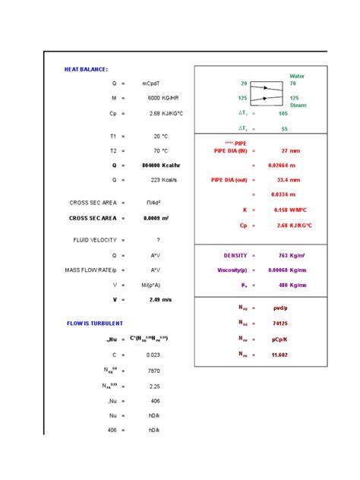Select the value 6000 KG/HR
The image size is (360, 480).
163,98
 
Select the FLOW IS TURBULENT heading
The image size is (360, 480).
95,323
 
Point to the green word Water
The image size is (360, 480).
297,76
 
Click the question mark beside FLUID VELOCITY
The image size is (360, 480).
158,240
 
